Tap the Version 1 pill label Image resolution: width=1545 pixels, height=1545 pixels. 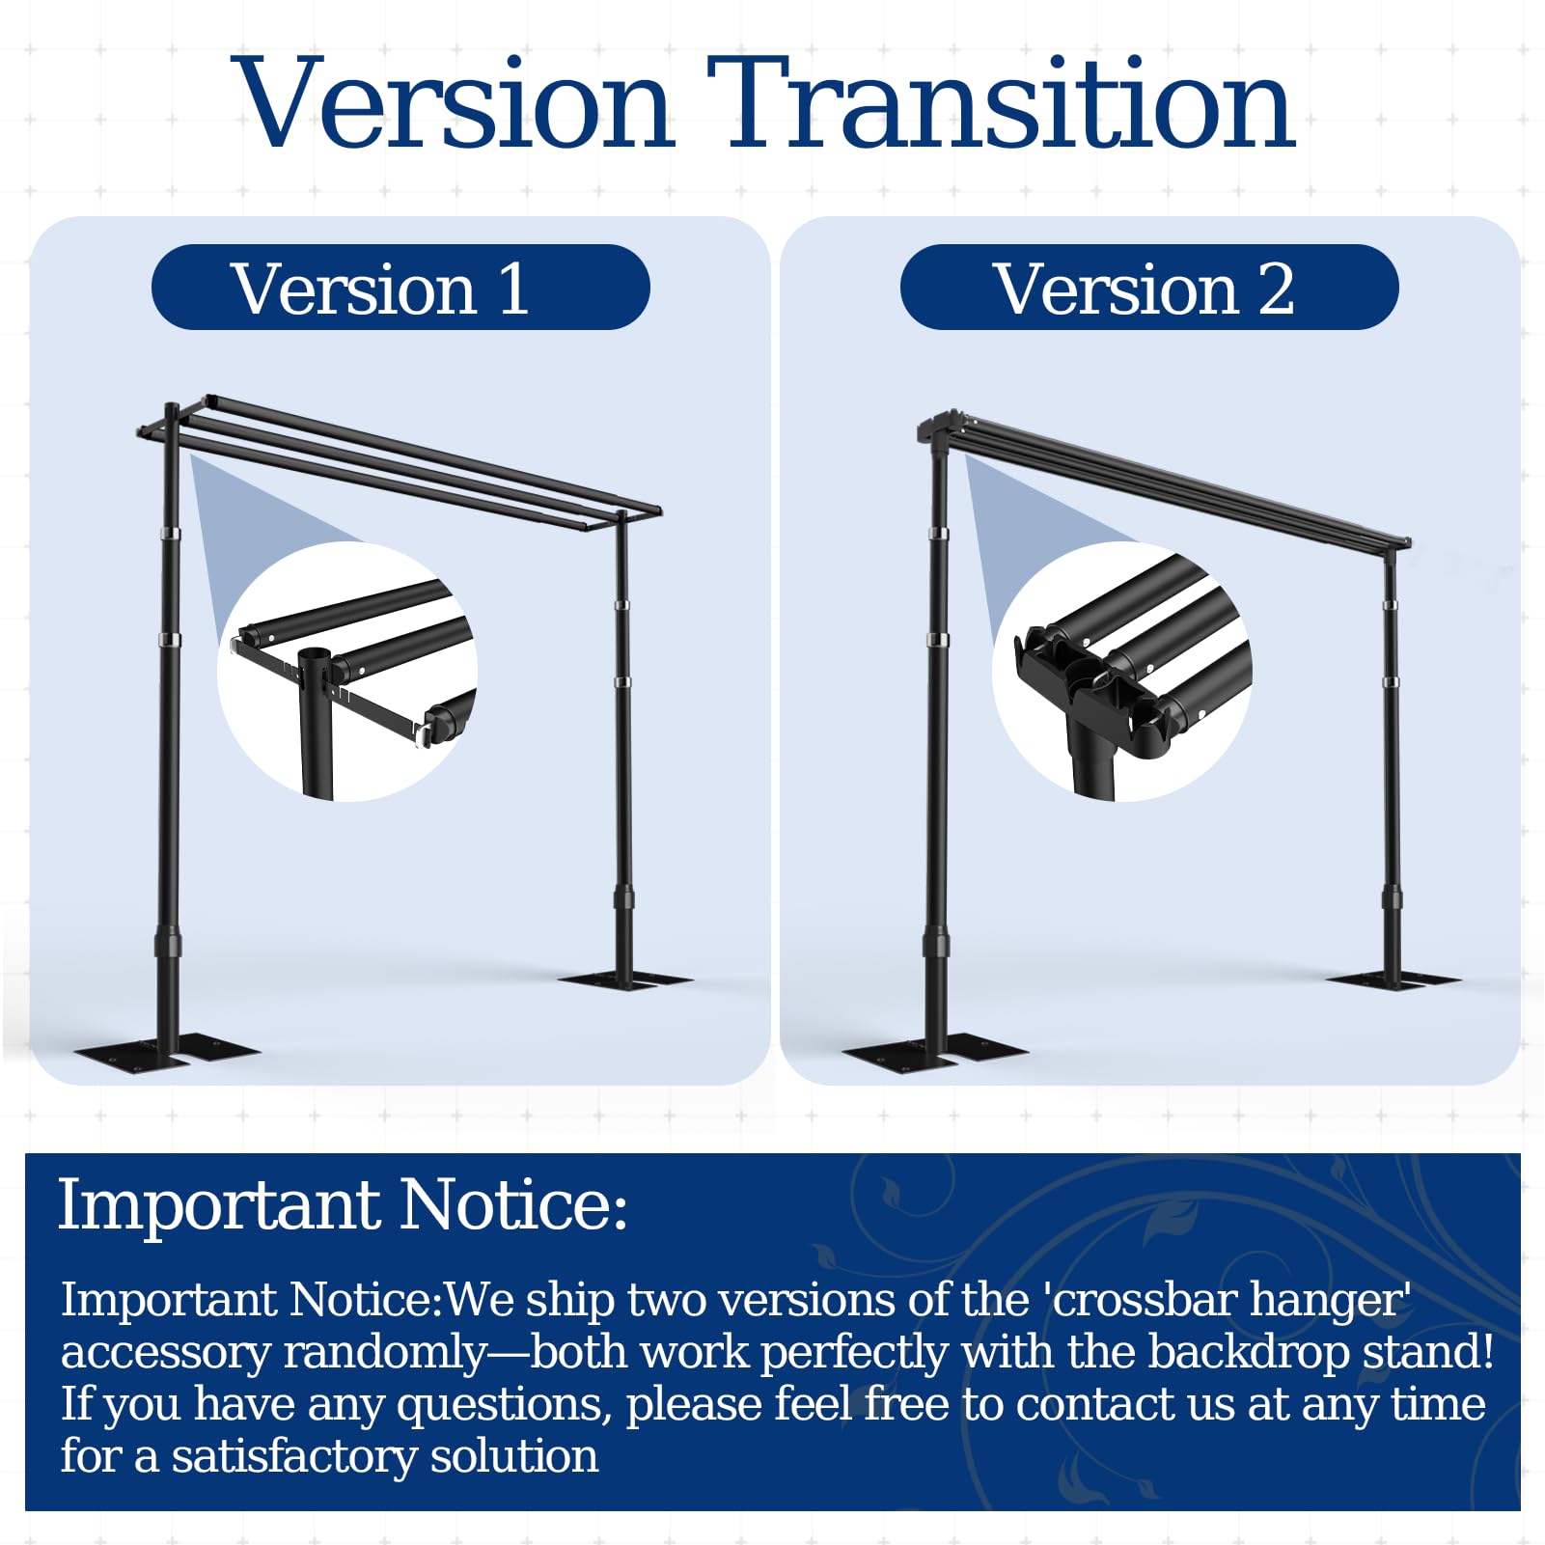pos(400,288)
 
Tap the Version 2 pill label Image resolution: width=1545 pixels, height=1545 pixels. pos(1149,288)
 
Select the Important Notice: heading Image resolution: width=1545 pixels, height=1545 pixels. pos(343,1205)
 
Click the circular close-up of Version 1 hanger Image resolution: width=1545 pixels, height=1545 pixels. pos(347,672)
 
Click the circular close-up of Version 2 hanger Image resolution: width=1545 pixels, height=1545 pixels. pos(1122,672)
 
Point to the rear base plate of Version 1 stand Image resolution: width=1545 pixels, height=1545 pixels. pos(625,979)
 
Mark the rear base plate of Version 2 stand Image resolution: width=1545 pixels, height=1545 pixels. pos(1393,979)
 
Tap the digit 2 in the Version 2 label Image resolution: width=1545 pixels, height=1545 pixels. pos(1276,289)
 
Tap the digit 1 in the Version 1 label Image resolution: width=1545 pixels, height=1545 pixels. pos(513,289)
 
